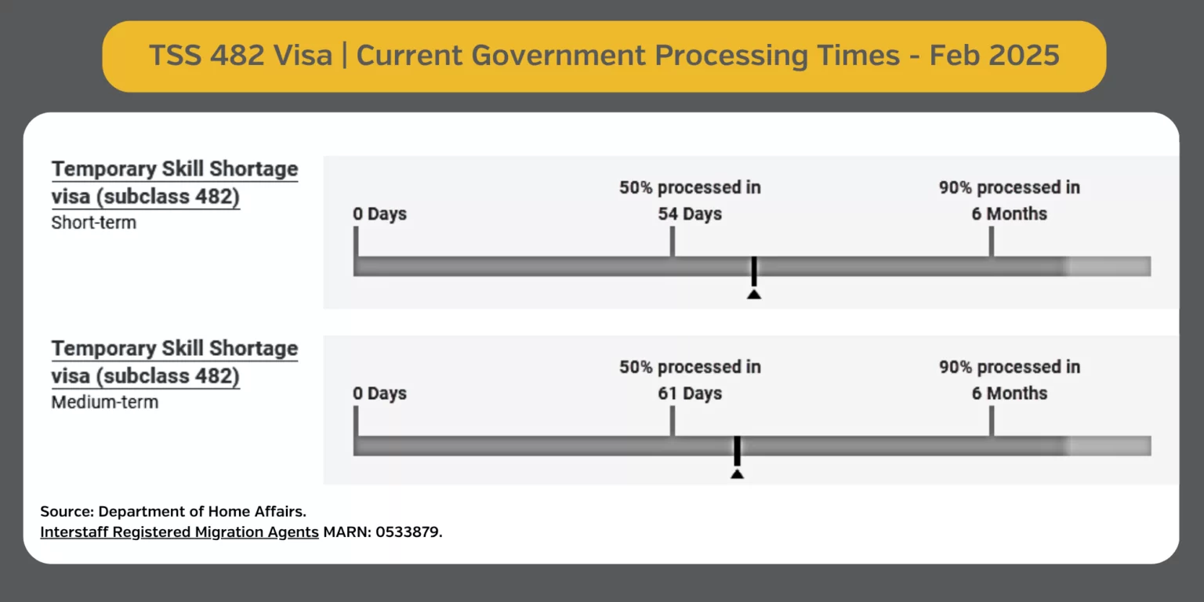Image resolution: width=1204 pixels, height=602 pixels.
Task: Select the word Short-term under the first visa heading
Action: click(x=93, y=223)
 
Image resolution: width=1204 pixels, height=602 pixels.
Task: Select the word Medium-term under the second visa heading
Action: click(x=105, y=402)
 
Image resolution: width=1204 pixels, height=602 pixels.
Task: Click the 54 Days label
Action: click(x=690, y=214)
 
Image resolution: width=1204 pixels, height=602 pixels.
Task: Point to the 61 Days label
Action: click(x=690, y=393)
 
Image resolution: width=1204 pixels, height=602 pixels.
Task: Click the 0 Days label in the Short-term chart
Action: click(x=379, y=214)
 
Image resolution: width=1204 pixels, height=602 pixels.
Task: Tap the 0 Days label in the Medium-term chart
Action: click(x=379, y=393)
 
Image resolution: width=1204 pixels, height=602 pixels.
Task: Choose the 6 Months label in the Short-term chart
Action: click(x=1009, y=214)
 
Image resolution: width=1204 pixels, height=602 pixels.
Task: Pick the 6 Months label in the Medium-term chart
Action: click(x=1009, y=393)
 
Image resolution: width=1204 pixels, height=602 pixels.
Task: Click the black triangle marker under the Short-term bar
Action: click(x=754, y=295)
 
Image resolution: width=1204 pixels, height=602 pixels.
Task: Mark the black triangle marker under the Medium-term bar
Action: click(x=737, y=474)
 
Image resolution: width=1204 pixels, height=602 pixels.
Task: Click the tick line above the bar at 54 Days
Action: click(x=672, y=242)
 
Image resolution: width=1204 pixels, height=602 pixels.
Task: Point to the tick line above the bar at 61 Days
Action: click(x=672, y=422)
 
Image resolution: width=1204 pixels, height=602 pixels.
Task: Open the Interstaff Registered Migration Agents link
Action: click(x=180, y=532)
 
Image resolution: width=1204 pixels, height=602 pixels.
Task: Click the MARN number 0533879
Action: click(x=408, y=532)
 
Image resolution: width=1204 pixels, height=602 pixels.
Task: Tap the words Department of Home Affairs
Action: click(x=202, y=511)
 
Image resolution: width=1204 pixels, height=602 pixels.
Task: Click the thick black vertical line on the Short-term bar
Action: click(x=754, y=271)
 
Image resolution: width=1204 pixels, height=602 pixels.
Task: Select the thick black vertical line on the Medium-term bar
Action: click(x=738, y=451)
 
